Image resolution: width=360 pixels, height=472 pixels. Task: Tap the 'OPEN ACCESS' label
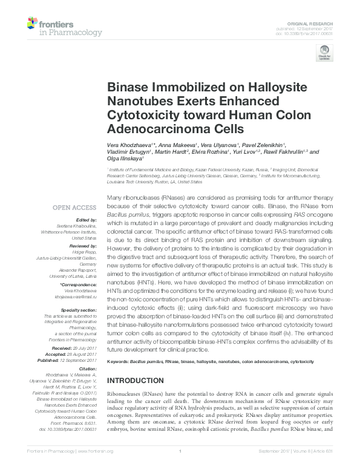click(76, 208)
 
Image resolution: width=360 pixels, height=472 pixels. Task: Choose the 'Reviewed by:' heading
click(84, 246)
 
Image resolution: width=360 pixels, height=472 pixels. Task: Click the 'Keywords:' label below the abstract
click(118, 361)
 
